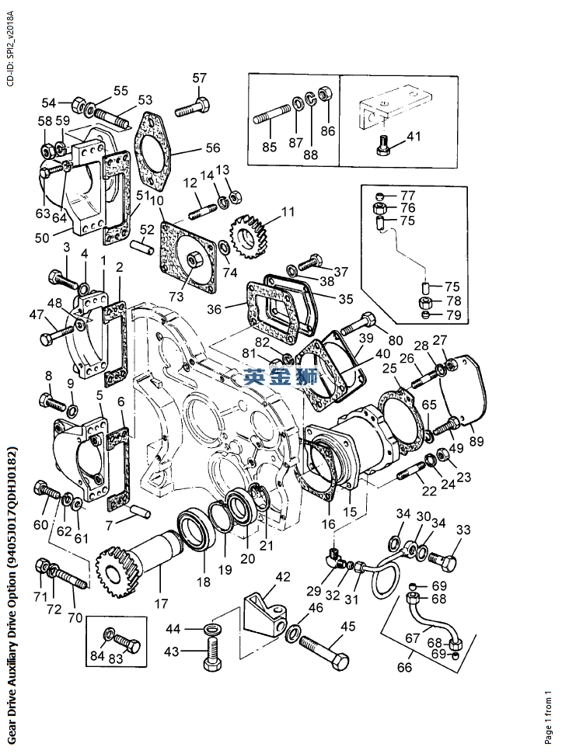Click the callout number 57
click(x=200, y=78)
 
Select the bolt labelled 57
click(x=191, y=108)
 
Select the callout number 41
click(x=414, y=137)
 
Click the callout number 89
click(x=476, y=441)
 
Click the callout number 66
click(x=406, y=666)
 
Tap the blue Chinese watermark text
click(x=281, y=378)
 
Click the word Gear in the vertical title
click(x=11, y=723)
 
